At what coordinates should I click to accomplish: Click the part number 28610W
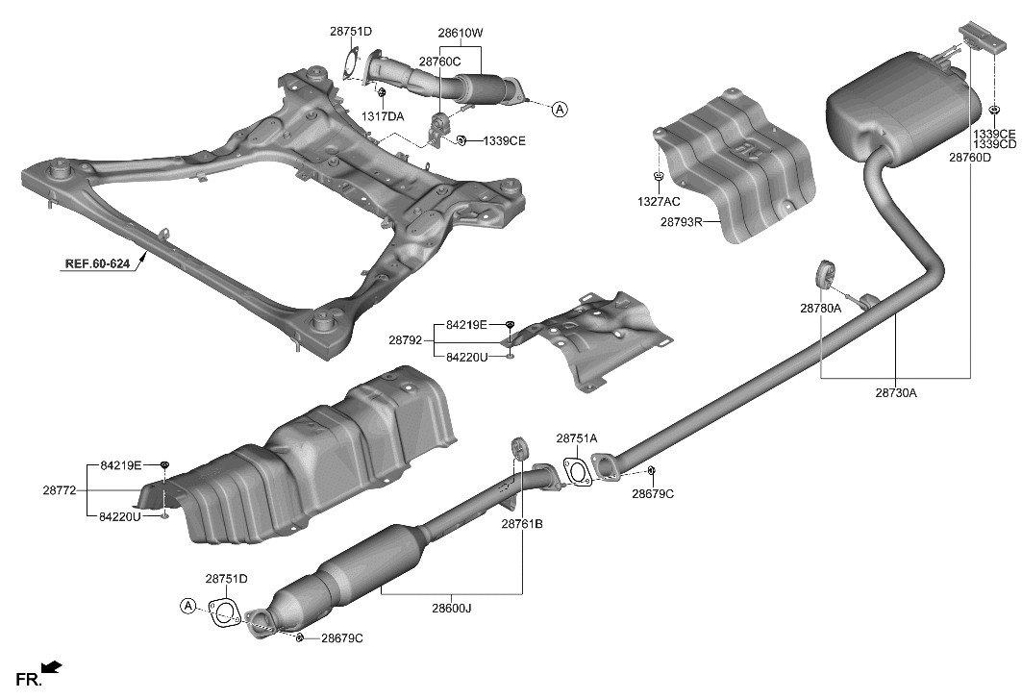(x=460, y=33)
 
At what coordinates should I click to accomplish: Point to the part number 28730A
(x=896, y=392)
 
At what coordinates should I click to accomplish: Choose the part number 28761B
(x=522, y=524)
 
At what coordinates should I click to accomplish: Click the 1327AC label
(x=658, y=202)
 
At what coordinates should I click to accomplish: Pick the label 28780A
(x=820, y=309)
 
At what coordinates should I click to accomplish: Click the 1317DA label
(x=383, y=116)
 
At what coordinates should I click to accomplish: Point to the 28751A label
(x=577, y=438)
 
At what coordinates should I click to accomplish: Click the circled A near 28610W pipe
(x=560, y=110)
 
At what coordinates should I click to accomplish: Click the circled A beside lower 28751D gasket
(x=187, y=605)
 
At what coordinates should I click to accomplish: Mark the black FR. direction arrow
(x=52, y=665)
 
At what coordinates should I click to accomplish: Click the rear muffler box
(x=899, y=108)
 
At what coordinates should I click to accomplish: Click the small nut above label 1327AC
(x=658, y=176)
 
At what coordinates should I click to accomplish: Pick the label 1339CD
(x=994, y=144)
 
